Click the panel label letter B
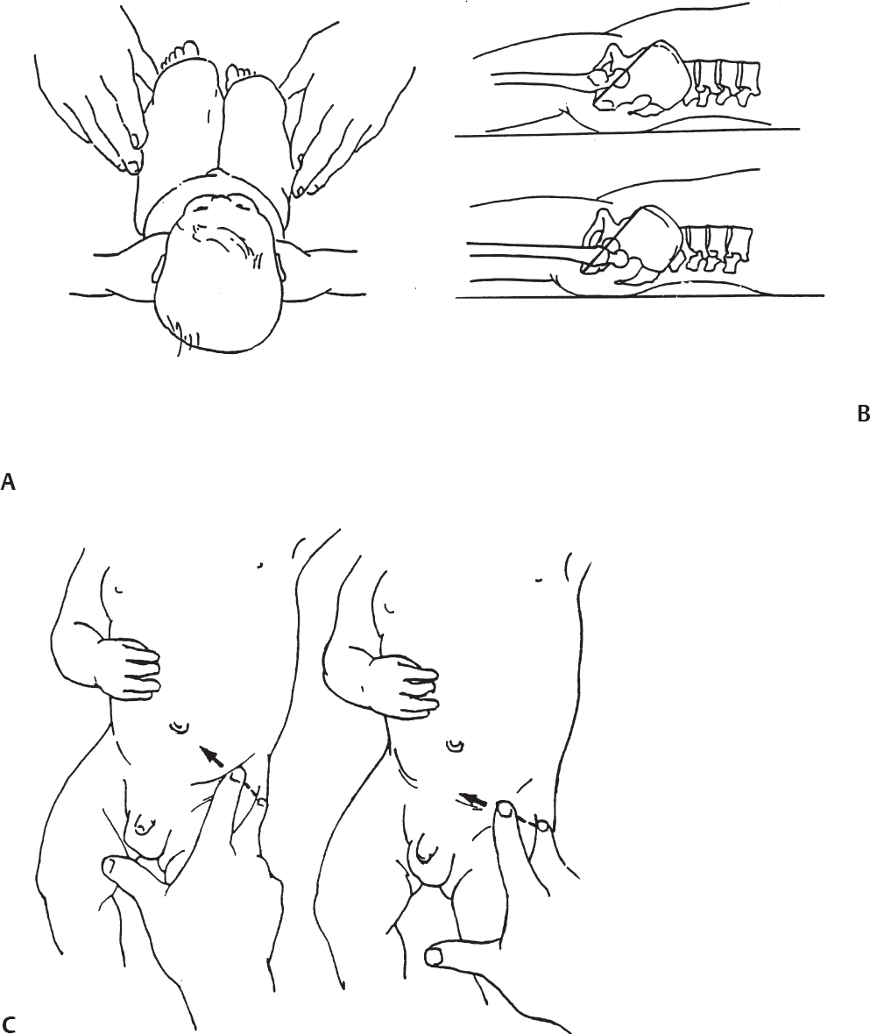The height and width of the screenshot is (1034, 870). pos(863,414)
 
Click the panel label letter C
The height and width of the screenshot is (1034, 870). pos(9,1024)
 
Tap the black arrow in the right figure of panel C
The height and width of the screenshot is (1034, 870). pos(474,799)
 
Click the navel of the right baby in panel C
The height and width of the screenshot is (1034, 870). pos(454,746)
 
